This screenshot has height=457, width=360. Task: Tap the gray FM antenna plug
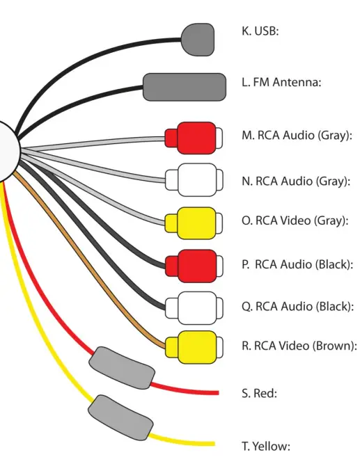(x=184, y=87)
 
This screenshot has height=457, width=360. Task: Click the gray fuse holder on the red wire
(x=123, y=367)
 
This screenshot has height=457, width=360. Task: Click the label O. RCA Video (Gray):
(x=295, y=221)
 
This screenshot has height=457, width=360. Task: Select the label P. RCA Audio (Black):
(x=298, y=264)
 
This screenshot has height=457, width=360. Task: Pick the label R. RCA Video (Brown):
(x=299, y=345)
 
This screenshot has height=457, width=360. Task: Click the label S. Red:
(x=259, y=394)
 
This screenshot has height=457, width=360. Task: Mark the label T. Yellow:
(x=265, y=446)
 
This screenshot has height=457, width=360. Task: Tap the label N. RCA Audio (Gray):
(x=296, y=182)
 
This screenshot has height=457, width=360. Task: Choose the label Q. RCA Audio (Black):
(x=298, y=307)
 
